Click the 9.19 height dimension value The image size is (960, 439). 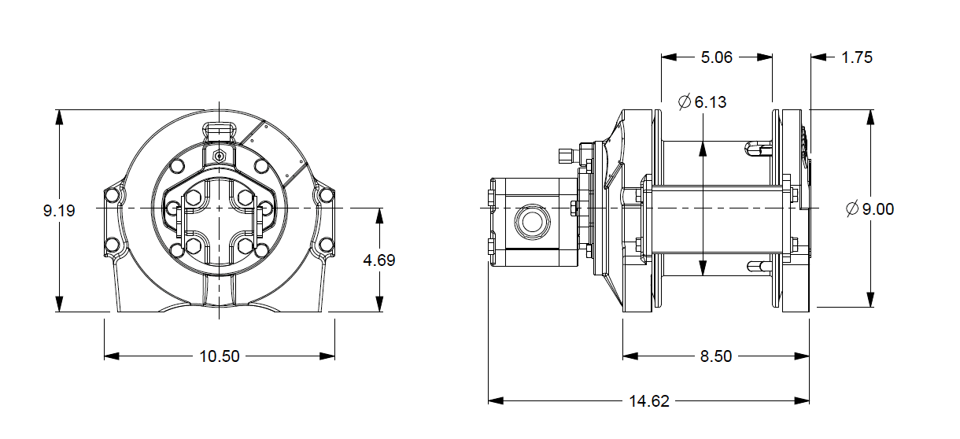pyautogui.click(x=60, y=211)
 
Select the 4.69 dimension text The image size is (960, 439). pyautogui.click(x=379, y=260)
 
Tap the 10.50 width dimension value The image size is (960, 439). pyautogui.click(x=219, y=356)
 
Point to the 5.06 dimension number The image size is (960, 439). pyautogui.click(x=716, y=57)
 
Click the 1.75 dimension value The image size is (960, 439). pyautogui.click(x=857, y=57)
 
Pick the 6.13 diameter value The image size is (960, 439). pyautogui.click(x=711, y=102)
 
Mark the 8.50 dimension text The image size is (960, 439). pyautogui.click(x=715, y=356)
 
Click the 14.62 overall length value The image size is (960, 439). pyautogui.click(x=649, y=401)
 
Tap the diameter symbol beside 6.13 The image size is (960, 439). pyautogui.click(x=684, y=102)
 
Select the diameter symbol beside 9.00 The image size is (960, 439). pyautogui.click(x=851, y=209)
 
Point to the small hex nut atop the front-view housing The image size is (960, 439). pyautogui.click(x=219, y=156)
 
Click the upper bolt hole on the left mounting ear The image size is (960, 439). pyautogui.click(x=113, y=194)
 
